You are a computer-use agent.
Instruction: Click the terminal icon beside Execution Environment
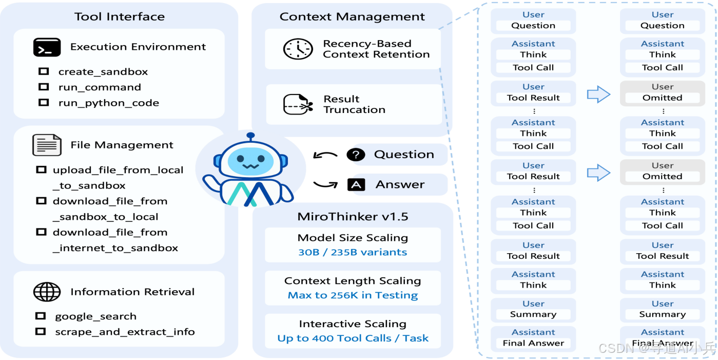click(x=47, y=47)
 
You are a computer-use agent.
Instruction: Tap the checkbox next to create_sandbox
click(x=44, y=71)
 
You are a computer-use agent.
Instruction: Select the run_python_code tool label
click(x=108, y=103)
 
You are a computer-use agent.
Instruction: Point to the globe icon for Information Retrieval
click(x=47, y=292)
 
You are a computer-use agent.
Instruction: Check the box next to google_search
click(x=41, y=316)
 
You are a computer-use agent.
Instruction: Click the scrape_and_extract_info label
click(x=125, y=332)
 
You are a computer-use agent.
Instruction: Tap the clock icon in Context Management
click(x=298, y=49)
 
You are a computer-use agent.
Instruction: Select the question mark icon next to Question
click(x=356, y=155)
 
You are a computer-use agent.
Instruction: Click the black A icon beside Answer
click(x=356, y=184)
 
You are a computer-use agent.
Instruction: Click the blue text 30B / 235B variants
click(x=353, y=252)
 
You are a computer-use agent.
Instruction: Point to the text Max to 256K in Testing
click(x=353, y=295)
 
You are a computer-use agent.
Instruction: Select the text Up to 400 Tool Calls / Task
click(x=353, y=338)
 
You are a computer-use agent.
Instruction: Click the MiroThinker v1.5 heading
click(x=353, y=216)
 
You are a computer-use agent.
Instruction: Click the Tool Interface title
click(x=120, y=16)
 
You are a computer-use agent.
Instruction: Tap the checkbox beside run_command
click(x=44, y=87)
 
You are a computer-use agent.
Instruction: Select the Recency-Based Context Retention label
click(x=376, y=49)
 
